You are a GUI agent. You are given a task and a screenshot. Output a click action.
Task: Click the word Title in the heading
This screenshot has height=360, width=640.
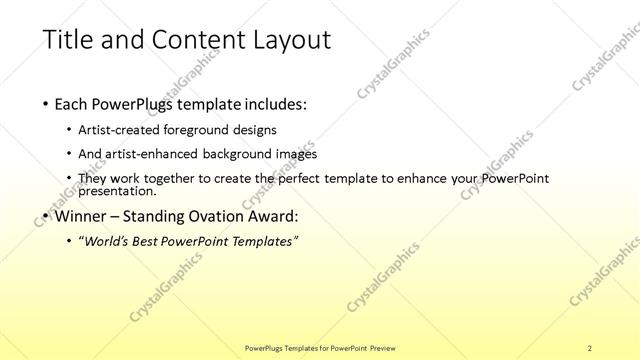pos(68,40)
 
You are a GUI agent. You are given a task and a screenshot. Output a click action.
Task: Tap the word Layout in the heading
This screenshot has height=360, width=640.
pos(286,40)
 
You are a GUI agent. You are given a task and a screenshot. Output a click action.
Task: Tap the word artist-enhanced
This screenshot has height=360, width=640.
pos(157,154)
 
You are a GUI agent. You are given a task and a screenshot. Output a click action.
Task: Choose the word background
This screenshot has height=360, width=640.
pos(245,154)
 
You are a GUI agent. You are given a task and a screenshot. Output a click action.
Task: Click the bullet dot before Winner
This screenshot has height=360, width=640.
pos(47,215)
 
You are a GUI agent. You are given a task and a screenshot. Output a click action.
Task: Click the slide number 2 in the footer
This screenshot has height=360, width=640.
pos(589,347)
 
